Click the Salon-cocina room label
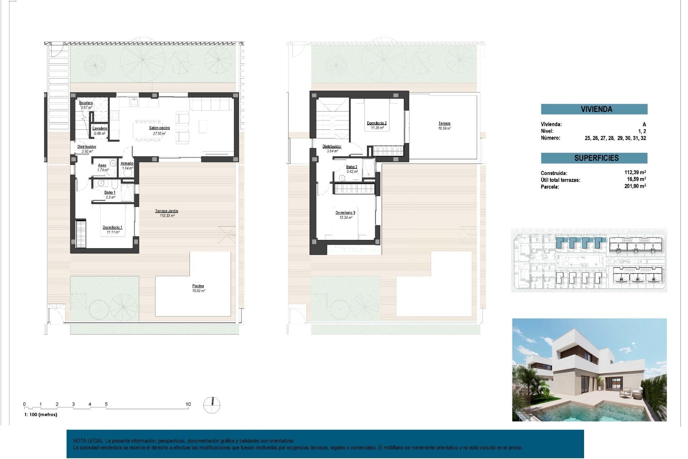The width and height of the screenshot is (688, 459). click(159, 128)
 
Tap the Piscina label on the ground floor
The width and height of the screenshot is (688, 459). click(198, 286)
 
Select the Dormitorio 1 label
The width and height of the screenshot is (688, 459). click(113, 227)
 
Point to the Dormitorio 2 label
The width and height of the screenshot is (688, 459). click(377, 123)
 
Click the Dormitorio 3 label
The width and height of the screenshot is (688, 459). click(345, 213)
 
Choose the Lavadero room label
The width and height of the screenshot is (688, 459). click(100, 128)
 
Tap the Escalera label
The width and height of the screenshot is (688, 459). click(86, 103)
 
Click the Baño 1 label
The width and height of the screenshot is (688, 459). click(110, 193)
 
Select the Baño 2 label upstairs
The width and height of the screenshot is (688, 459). click(352, 167)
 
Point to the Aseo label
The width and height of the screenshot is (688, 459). click(102, 165)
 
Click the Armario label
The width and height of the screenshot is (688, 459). click(127, 164)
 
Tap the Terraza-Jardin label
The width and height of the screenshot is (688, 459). click(167, 211)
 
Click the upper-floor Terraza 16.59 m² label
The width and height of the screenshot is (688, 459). click(444, 123)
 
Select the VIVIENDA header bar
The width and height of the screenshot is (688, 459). click(594, 109)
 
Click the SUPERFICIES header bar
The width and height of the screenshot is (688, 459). click(594, 158)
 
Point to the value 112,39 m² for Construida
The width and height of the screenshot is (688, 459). click(635, 172)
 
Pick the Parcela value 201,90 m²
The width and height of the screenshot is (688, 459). click(635, 186)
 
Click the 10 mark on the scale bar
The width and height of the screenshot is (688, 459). click(188, 404)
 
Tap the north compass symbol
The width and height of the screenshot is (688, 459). click(212, 405)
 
